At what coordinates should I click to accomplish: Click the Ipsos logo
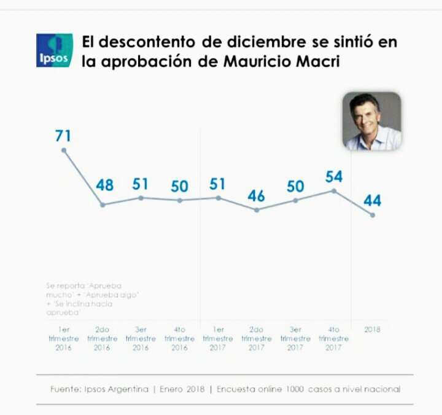coord(54,50)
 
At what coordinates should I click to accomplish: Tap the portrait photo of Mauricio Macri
coord(372,122)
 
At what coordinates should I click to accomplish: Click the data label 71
coord(63,136)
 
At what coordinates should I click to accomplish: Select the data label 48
coord(104,185)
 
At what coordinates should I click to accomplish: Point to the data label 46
coord(257,196)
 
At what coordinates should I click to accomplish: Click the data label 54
coord(333,177)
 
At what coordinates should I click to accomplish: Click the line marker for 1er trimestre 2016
coord(64,150)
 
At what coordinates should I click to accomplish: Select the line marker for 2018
coord(372,215)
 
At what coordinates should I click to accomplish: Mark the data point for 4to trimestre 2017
coord(333,191)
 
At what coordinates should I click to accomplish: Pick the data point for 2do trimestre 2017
coord(257,210)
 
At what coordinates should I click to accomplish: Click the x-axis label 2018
coord(372,330)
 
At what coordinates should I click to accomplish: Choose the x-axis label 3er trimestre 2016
coord(141,338)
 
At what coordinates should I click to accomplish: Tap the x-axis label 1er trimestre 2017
coord(218,338)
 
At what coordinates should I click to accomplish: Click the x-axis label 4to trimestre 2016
coord(179,338)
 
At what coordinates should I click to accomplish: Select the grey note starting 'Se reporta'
coord(92,299)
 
